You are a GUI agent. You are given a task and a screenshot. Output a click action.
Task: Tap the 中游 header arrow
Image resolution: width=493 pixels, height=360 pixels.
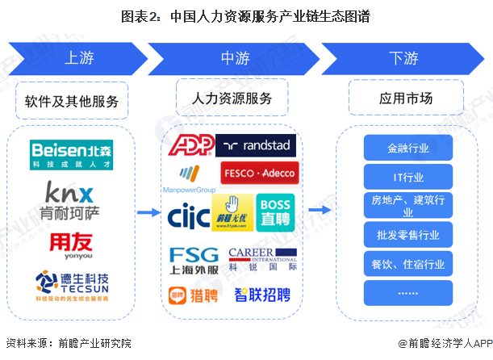pyautogui.click(x=234, y=59)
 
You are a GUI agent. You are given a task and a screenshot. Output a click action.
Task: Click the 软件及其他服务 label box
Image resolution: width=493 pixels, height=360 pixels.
pyautogui.click(x=72, y=101)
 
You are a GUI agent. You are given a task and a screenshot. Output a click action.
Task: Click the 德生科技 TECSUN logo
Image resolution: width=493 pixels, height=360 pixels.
pyautogui.click(x=72, y=285)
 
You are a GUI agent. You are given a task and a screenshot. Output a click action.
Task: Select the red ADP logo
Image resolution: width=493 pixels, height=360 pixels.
pyautogui.click(x=190, y=145)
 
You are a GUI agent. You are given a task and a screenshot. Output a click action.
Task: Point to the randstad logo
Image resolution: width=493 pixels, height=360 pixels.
pyautogui.click(x=256, y=145)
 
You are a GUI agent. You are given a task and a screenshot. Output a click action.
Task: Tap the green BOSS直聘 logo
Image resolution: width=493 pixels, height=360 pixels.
pyautogui.click(x=275, y=212)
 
